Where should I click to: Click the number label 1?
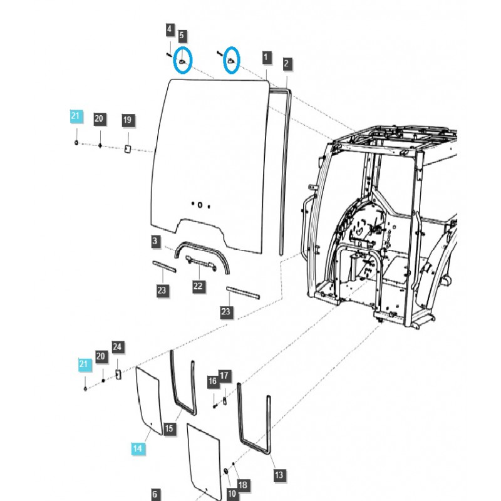tap(266, 57)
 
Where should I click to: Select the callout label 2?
tap(286, 63)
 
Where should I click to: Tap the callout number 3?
tap(155, 241)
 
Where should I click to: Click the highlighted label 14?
tap(138, 448)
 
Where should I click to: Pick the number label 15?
tap(168, 429)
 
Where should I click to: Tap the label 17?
tap(224, 376)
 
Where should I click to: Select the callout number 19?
tap(127, 120)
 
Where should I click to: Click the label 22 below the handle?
tap(198, 286)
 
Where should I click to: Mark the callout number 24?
tap(118, 346)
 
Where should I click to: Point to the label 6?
tap(155, 494)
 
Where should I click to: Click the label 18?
tap(243, 485)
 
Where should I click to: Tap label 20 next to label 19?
tap(99, 119)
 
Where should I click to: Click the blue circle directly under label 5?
tap(182, 61)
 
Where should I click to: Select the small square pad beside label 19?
tap(127, 149)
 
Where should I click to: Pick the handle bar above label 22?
tap(201, 262)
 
